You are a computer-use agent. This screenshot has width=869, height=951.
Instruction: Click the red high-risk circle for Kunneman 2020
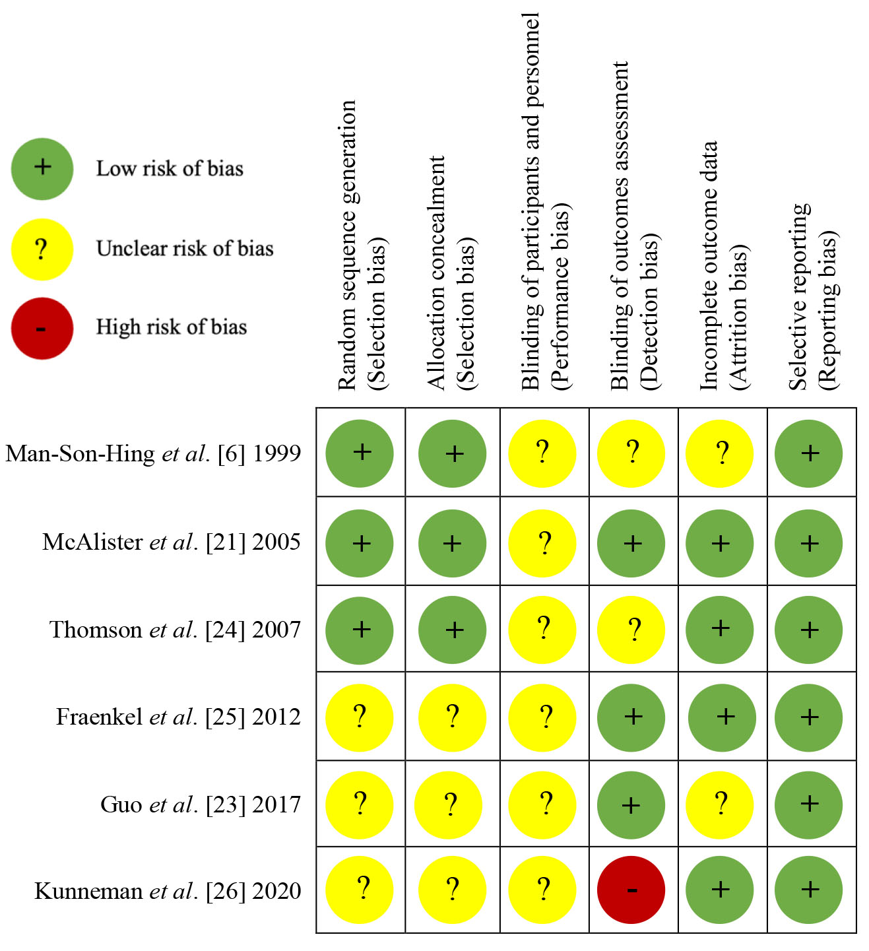(631, 890)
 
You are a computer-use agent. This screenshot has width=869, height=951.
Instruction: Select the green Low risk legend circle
(42, 168)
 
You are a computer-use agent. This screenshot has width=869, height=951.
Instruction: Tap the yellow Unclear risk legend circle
(42, 249)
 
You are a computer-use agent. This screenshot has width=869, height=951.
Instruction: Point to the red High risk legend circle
(42, 328)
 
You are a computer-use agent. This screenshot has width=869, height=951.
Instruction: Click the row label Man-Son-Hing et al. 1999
(153, 453)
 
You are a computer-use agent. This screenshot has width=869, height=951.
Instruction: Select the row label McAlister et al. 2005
(172, 542)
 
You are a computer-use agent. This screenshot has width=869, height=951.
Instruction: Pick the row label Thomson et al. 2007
(175, 630)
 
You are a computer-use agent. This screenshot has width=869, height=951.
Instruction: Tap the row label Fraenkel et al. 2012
(178, 717)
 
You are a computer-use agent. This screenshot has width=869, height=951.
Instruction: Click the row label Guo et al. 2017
(201, 804)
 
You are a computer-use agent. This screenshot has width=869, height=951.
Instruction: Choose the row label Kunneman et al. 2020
(168, 891)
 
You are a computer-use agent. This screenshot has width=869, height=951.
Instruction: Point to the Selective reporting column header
(812, 297)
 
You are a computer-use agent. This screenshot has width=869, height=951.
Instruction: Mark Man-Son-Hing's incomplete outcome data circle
(720, 453)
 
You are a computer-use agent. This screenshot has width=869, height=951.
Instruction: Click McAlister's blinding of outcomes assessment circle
(631, 543)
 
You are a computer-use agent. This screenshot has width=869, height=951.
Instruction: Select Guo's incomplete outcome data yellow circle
(720, 804)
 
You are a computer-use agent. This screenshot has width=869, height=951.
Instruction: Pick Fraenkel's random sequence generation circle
(360, 717)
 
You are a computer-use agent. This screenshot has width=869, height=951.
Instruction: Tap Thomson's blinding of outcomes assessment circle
(631, 630)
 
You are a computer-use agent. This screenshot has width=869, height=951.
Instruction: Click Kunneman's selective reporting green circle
(808, 890)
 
